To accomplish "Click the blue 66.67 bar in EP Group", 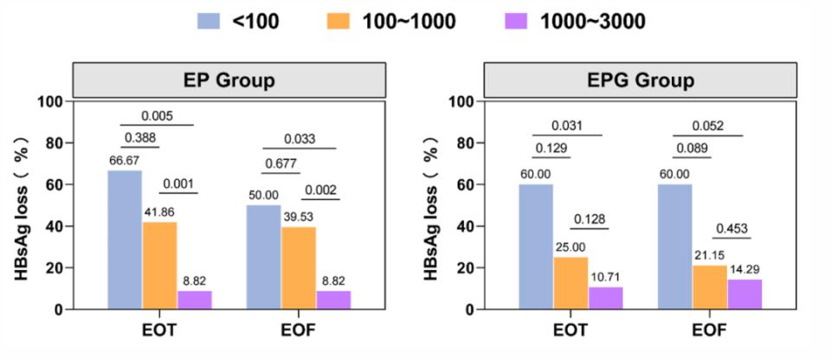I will coord(125,239).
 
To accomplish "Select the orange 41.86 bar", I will coord(160,265).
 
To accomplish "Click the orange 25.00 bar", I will coord(570,283).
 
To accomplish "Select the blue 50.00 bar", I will coord(263,256).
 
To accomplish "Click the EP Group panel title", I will coord(229,81).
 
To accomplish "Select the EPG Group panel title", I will coord(641,81).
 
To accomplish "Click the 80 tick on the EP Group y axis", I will coord(54,144).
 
